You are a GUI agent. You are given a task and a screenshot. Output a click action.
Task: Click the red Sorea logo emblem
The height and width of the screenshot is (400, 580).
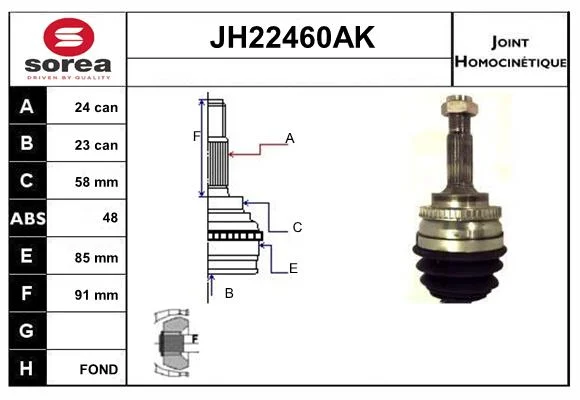pyautogui.click(x=69, y=37)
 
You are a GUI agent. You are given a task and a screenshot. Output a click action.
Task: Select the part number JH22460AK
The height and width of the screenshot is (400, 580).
pyautogui.click(x=292, y=37)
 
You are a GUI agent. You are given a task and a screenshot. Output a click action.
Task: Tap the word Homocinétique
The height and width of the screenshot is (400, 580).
pyautogui.click(x=510, y=61)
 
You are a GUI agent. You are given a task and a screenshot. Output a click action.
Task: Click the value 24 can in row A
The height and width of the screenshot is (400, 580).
pyautogui.click(x=96, y=107)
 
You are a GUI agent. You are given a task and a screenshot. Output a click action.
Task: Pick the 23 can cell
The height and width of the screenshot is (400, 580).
pyautogui.click(x=96, y=145)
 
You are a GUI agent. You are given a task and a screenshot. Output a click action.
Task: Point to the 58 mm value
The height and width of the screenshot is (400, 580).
pyautogui.click(x=96, y=182)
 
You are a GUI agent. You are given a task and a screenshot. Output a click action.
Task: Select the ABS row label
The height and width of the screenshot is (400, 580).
pyautogui.click(x=28, y=219)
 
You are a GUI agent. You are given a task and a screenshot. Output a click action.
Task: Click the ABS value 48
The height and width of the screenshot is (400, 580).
pyautogui.click(x=110, y=218)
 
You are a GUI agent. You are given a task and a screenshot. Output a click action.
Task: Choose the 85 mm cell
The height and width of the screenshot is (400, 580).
pyautogui.click(x=96, y=258)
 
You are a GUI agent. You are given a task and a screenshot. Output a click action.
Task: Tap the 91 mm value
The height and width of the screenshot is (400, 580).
pyautogui.click(x=96, y=295)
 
